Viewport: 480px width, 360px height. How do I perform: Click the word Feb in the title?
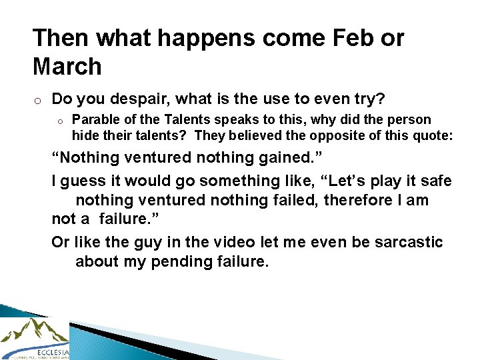tap(351, 38)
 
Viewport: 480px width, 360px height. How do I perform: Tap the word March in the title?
tap(67, 67)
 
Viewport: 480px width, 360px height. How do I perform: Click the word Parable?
tap(94, 120)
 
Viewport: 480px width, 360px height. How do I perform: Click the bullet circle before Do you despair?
tap(39, 100)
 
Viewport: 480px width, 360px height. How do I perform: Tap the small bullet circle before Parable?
tap(59, 121)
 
